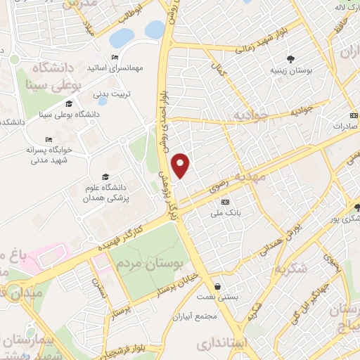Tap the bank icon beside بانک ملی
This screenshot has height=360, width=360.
pyautogui.click(x=224, y=202)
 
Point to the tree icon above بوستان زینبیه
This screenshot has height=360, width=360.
pyautogui.click(x=289, y=58)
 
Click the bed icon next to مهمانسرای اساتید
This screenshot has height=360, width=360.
pyautogui.click(x=115, y=57)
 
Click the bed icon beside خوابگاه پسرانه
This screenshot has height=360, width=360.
pyautogui.click(x=48, y=139)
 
